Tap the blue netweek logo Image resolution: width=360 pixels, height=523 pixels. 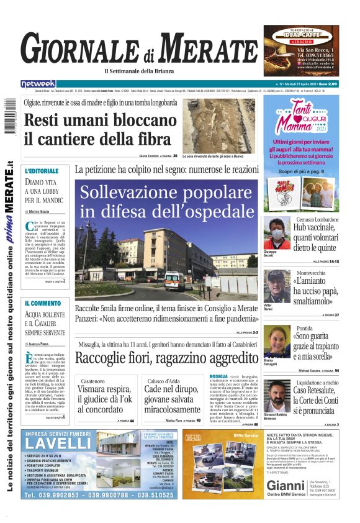pyautogui.click(x=38, y=83)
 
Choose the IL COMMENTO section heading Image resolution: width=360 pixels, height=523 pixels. pyautogui.click(x=43, y=303)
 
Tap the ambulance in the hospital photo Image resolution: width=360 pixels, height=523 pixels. pyautogui.click(x=174, y=280)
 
